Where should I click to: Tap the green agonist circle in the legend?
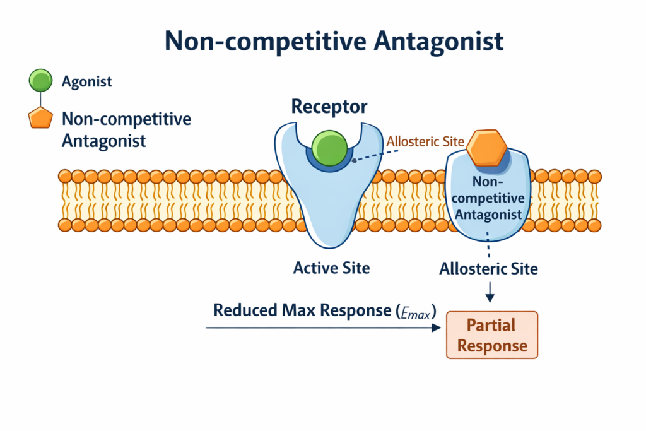pos(41,81)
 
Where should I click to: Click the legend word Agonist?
pos(88,81)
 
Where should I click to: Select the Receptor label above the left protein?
pos(329,107)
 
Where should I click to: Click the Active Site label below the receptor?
pos(331,268)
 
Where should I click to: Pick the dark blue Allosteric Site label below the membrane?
pos(489,269)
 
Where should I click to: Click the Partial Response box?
pos(491,335)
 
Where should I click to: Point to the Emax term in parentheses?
pos(418,311)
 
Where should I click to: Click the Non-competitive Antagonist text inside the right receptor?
pos(489,198)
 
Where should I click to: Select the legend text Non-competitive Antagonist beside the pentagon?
pos(126,129)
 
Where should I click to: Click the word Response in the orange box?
pos(492,346)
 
